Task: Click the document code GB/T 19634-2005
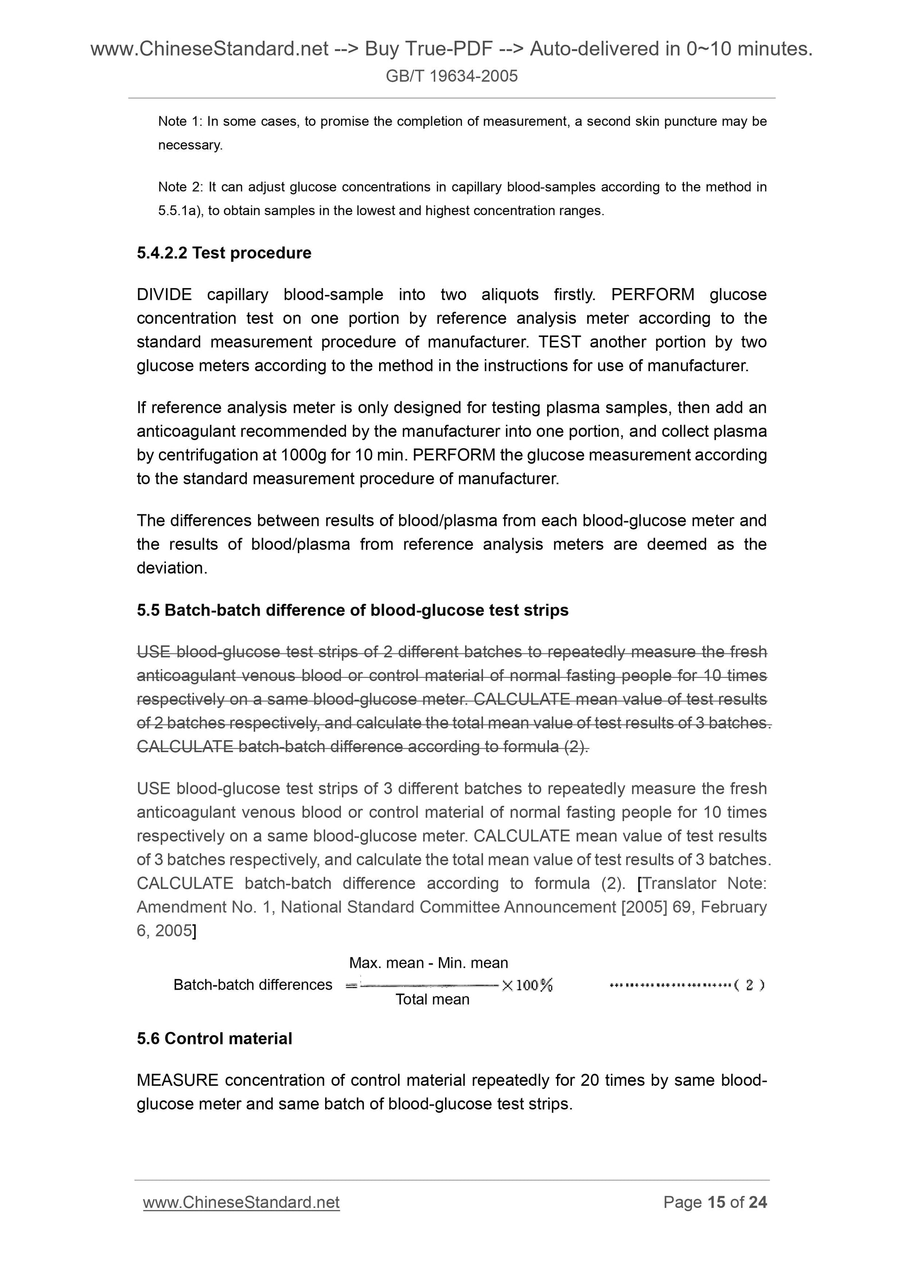(x=451, y=76)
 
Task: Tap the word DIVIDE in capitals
(x=164, y=294)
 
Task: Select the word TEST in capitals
(x=560, y=341)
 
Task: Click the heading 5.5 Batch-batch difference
(x=352, y=610)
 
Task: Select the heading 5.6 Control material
(x=215, y=1038)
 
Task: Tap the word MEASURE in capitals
(x=177, y=1080)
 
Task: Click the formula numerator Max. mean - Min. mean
(x=428, y=963)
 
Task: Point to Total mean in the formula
(x=432, y=999)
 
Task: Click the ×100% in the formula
(x=527, y=985)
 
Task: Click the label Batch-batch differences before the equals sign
(x=253, y=985)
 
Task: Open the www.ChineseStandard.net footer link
(x=241, y=1203)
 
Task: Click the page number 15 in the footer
(x=716, y=1203)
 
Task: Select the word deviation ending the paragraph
(x=171, y=568)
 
